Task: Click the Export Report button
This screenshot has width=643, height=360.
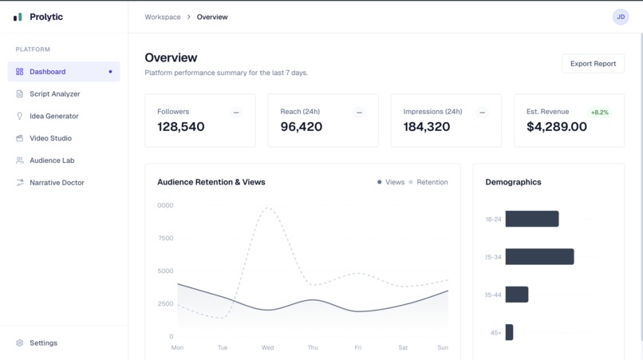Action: coord(593,64)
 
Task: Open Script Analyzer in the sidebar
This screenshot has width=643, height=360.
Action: coord(54,94)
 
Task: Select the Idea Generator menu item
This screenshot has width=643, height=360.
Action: coord(53,117)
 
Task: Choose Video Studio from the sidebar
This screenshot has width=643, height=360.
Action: coord(50,138)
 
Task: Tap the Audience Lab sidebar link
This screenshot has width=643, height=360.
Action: coord(52,160)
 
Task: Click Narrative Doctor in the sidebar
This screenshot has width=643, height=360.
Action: coord(56,183)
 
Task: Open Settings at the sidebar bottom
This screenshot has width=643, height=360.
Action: coord(43,343)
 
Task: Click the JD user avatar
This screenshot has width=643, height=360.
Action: coord(621,17)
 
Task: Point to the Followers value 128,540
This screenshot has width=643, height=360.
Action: coord(181,127)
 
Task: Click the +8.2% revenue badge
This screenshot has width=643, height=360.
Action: coord(599,113)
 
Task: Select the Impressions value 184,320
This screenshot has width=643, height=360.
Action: coord(427,127)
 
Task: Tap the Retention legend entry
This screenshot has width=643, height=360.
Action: coord(428,182)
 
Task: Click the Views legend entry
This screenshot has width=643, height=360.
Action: coord(391,182)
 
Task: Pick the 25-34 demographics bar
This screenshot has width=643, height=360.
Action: coord(539,257)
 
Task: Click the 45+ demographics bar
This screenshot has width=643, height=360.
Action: coord(509,332)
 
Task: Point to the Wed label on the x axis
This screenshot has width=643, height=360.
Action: coord(267,348)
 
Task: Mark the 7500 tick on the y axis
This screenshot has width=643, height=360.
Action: coord(165,239)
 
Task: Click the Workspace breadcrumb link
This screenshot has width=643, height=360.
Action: coord(163,17)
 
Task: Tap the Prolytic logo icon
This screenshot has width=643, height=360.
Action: coord(18,17)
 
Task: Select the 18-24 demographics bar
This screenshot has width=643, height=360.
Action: coord(532,219)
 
